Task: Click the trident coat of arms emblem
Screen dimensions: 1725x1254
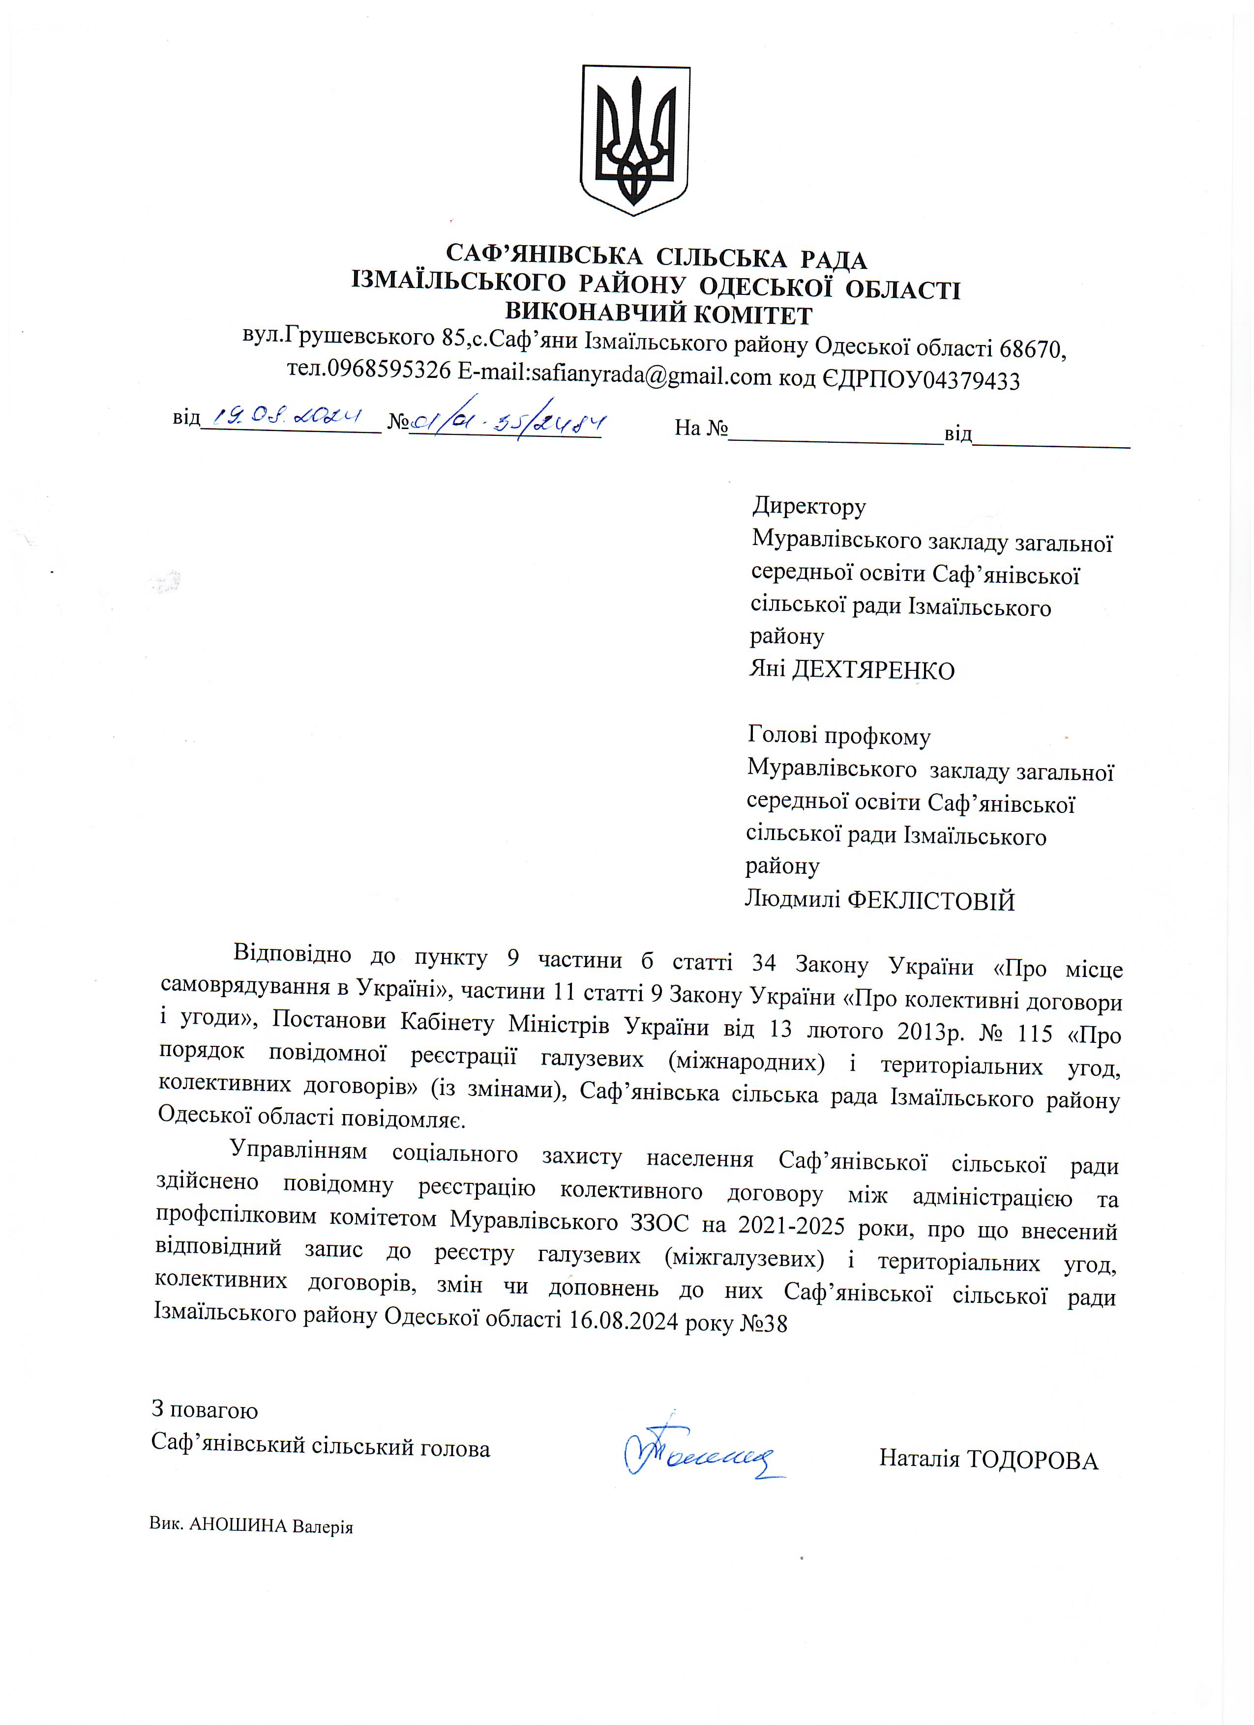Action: (635, 140)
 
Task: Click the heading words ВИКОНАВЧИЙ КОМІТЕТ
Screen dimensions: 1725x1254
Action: (659, 314)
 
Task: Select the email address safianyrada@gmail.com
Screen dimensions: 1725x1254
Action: (652, 376)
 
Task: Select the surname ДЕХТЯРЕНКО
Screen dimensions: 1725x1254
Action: (873, 671)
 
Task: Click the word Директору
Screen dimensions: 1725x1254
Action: (809, 507)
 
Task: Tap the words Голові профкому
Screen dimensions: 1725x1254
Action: (838, 736)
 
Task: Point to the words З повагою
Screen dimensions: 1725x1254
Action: (205, 1409)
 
